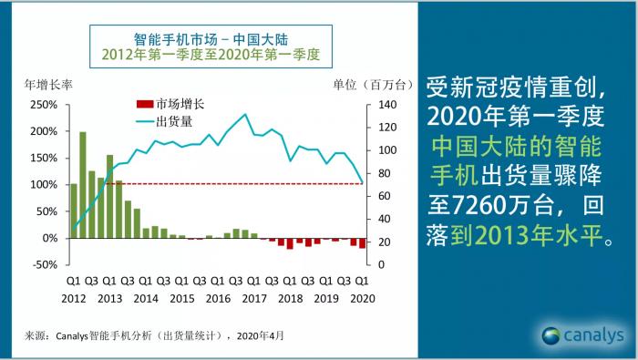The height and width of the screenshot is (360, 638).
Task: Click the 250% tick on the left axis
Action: click(x=42, y=105)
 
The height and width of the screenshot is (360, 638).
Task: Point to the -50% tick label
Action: click(x=42, y=264)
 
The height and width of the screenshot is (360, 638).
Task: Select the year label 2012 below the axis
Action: click(x=74, y=298)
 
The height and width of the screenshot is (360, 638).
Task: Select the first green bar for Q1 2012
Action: click(x=74, y=211)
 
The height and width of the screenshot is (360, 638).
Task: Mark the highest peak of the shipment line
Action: click(x=244, y=115)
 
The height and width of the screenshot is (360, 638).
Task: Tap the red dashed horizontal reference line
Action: click(x=228, y=184)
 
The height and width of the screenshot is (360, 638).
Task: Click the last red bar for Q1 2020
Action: click(x=362, y=242)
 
